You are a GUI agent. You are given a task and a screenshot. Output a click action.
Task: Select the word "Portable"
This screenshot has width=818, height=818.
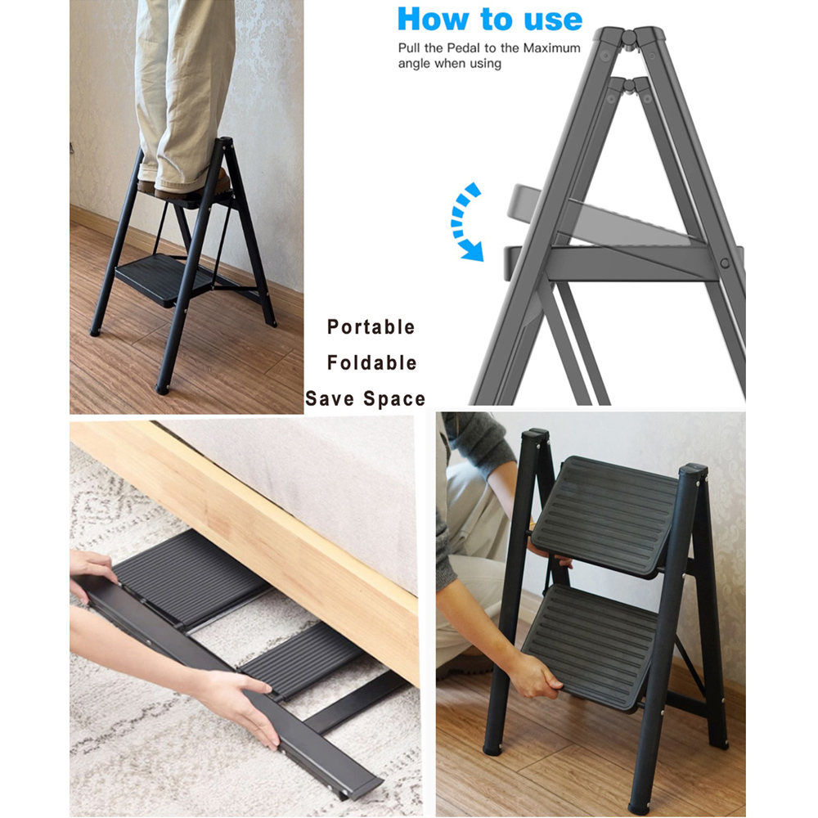[x=371, y=327]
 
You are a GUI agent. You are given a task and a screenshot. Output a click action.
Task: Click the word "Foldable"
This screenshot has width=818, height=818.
[x=372, y=362]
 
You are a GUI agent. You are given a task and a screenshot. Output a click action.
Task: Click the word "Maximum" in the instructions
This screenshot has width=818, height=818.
[x=551, y=48]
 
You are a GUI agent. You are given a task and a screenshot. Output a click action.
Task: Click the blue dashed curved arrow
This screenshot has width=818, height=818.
[x=465, y=222]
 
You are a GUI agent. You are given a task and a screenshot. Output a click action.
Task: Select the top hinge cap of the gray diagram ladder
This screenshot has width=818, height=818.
[x=629, y=38]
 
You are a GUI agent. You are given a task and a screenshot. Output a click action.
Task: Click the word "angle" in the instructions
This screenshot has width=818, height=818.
[x=415, y=64]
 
